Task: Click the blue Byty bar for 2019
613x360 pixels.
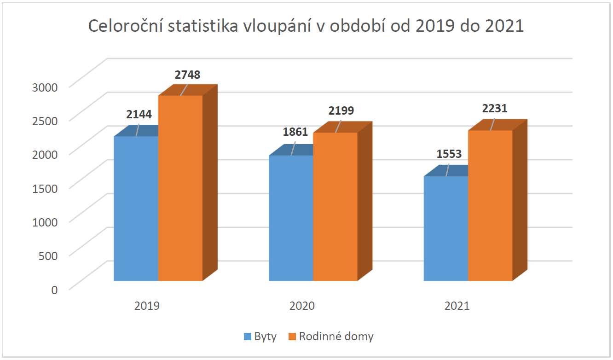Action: tap(136, 209)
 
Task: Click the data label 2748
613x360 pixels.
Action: tap(187, 75)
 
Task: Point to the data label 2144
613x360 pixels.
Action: tap(139, 115)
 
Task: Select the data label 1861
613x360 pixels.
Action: tap(295, 132)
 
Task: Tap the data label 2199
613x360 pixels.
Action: tap(341, 110)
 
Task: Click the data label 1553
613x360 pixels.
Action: tap(449, 154)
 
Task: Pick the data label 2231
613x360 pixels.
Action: tap(495, 108)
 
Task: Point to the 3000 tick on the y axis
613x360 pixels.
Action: tap(45, 87)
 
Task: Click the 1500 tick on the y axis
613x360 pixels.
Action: tap(45, 188)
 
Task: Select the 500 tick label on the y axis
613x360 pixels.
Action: tap(48, 255)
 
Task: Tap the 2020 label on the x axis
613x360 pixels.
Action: tap(302, 306)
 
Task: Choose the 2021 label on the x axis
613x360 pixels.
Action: tap(457, 306)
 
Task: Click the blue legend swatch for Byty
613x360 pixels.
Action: tap(248, 337)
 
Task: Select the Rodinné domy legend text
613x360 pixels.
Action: tap(336, 336)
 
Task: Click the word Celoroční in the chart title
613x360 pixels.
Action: tap(125, 26)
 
